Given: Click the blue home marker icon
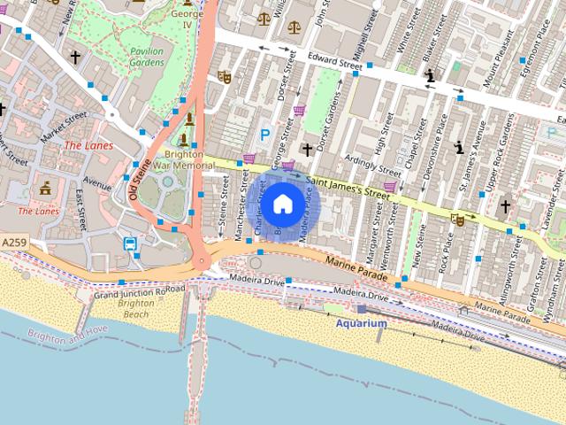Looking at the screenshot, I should (x=281, y=205).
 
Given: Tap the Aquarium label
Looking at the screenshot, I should (x=361, y=324).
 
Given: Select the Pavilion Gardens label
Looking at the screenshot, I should (x=147, y=58).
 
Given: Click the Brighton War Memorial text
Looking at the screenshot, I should (x=183, y=158).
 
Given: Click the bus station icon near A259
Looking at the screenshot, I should (x=130, y=244).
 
